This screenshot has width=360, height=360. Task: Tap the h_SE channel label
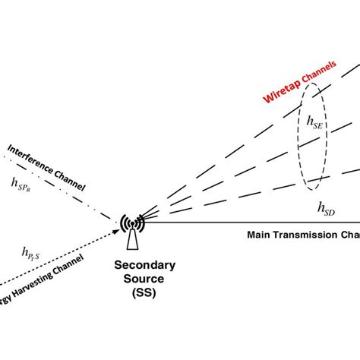[315, 122]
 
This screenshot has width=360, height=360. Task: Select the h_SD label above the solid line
[325, 207]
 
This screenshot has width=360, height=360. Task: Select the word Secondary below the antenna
[144, 265]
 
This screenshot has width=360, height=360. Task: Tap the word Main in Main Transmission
[261, 235]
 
